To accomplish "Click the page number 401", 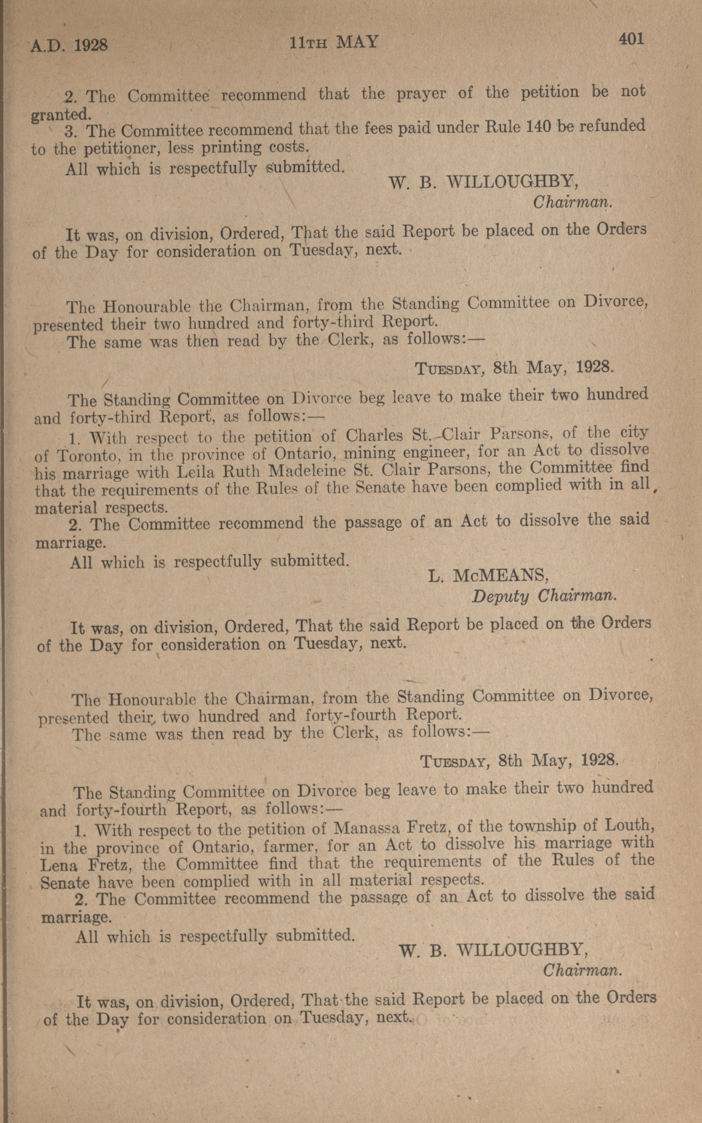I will (630, 39).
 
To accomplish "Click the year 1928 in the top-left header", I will (91, 45).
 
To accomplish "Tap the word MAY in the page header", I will (358, 43).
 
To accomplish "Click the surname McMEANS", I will (501, 576).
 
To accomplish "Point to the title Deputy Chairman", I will (544, 596).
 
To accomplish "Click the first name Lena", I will (58, 865).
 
